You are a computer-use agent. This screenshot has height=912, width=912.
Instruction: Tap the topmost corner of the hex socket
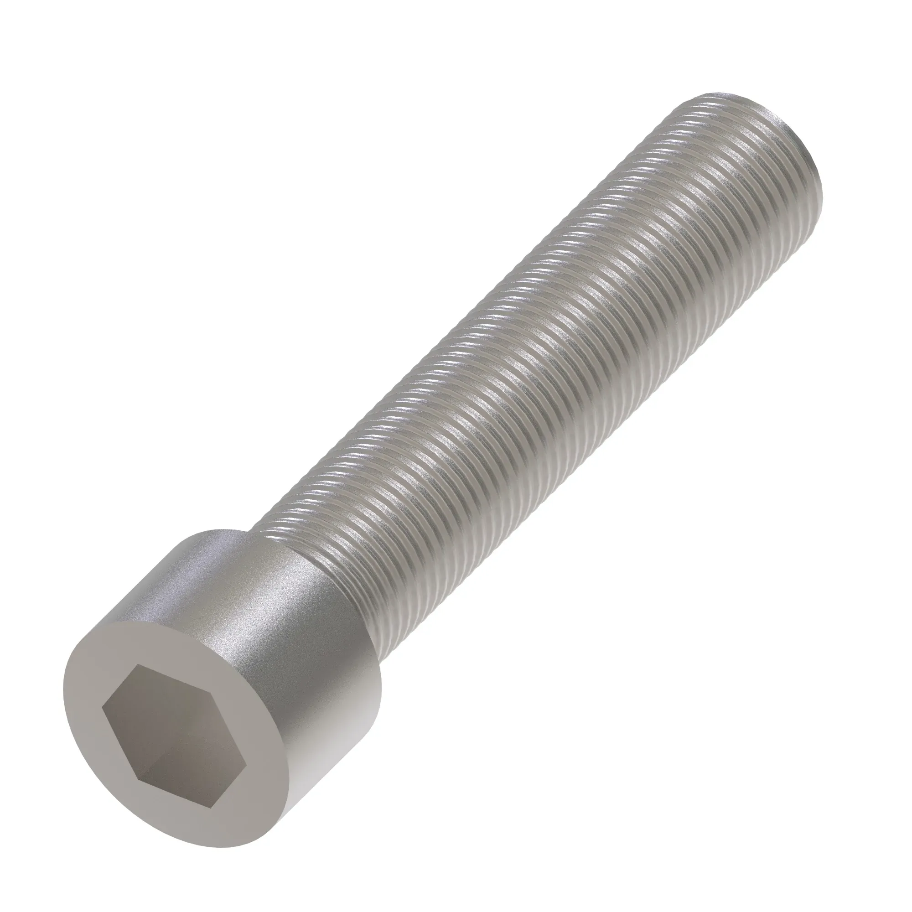click(137, 666)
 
